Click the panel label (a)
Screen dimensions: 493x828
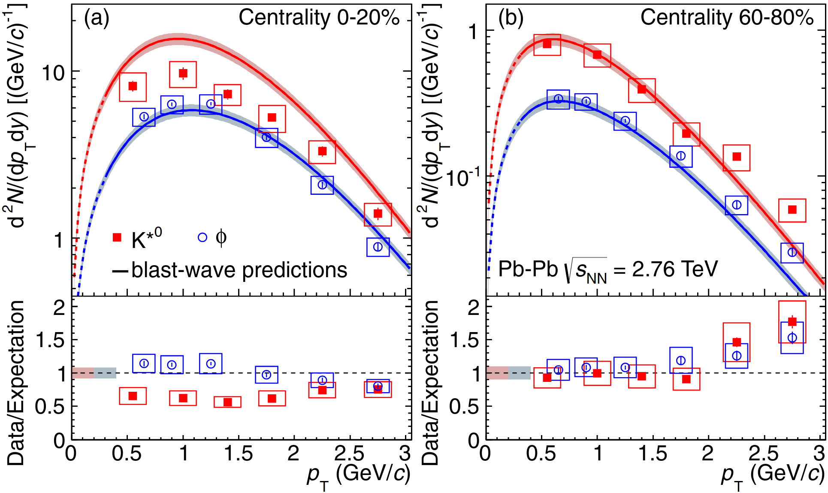click(97, 18)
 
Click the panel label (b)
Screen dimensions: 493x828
click(511, 18)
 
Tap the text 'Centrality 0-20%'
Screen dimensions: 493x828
click(319, 18)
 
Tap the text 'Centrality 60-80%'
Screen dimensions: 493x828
click(727, 18)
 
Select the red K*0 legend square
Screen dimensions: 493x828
click(117, 237)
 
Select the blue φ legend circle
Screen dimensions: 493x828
click(202, 237)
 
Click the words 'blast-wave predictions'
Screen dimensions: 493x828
click(239, 270)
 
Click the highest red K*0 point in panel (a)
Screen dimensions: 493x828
click(183, 73)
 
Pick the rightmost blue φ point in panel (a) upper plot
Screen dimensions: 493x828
click(378, 247)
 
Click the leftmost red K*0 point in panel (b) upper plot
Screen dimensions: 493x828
click(547, 44)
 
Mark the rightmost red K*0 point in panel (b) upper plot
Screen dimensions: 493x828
click(792, 210)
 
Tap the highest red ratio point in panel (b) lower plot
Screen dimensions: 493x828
click(792, 321)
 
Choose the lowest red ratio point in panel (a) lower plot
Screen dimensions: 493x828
click(228, 402)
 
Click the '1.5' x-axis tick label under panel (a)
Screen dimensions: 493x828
click(239, 454)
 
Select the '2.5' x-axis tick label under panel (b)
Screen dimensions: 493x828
click(764, 454)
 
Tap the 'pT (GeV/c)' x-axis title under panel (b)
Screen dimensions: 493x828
click(772, 475)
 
